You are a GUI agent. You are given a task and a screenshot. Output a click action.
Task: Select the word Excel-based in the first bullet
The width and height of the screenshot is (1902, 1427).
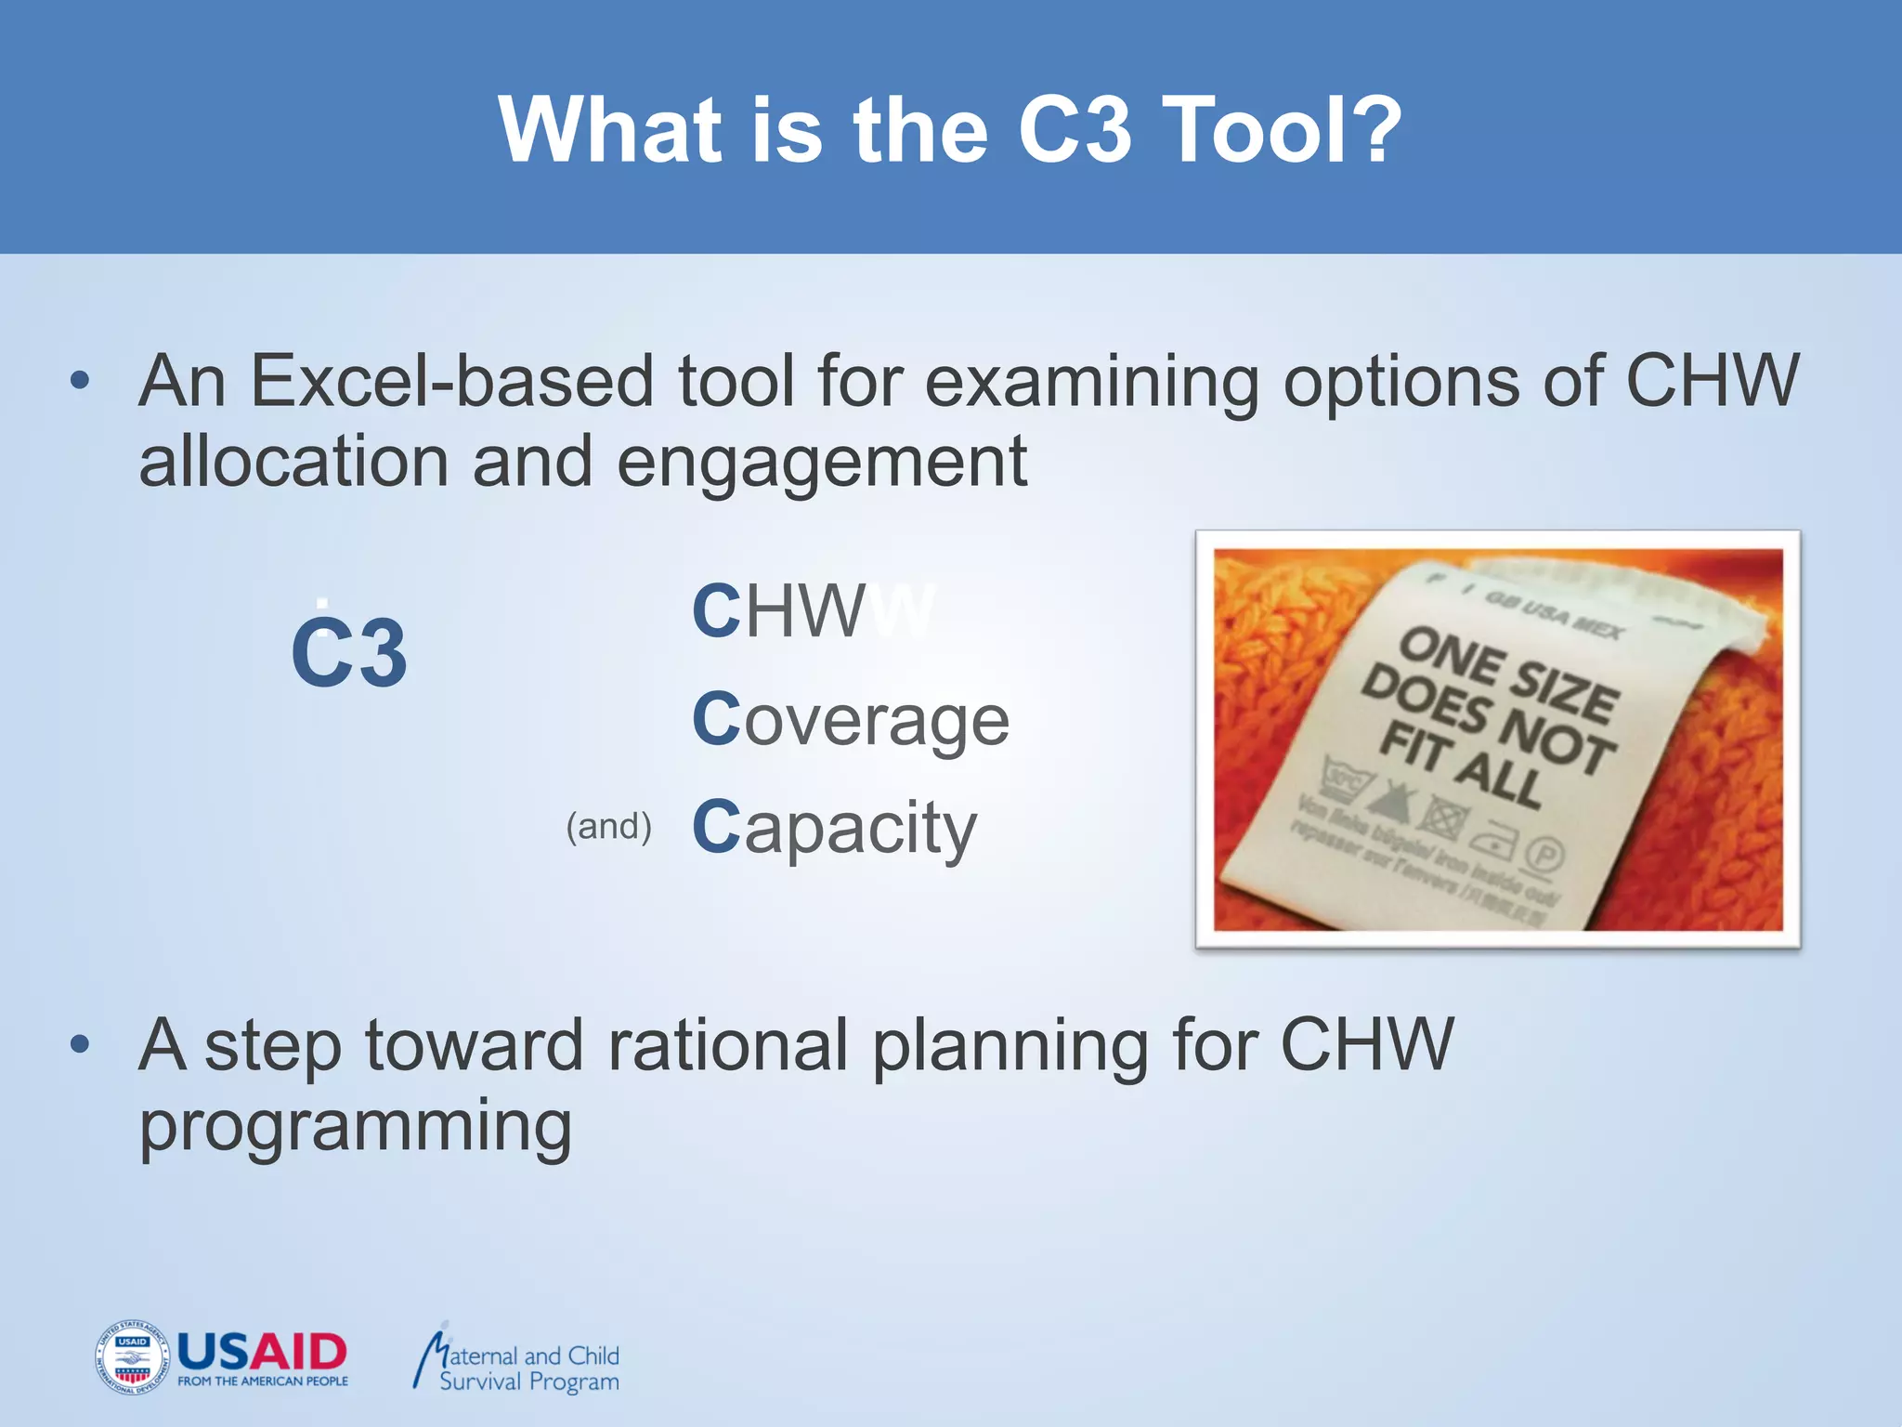point(452,381)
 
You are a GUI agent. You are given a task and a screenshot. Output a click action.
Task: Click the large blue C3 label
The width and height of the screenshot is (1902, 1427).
point(349,653)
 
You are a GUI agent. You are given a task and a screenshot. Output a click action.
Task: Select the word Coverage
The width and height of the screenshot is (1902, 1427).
point(850,720)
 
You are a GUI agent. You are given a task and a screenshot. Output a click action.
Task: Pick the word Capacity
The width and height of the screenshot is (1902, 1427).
point(834,828)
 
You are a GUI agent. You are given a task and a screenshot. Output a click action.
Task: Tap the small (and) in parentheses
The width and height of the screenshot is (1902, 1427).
point(608,826)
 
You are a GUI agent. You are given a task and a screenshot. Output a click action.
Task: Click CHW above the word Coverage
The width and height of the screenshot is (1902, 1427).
point(778,611)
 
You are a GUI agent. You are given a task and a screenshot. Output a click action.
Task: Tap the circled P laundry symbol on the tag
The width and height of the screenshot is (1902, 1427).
point(1544,853)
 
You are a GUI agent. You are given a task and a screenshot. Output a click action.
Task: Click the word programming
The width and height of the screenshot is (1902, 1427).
point(356,1127)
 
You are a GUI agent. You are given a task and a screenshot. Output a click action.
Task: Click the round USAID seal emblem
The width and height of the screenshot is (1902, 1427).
point(132,1356)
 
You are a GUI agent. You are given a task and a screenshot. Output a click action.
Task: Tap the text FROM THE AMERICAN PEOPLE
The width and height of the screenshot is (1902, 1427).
point(263,1381)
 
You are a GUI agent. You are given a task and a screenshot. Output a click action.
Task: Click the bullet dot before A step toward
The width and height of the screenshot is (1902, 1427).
point(80,1044)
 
